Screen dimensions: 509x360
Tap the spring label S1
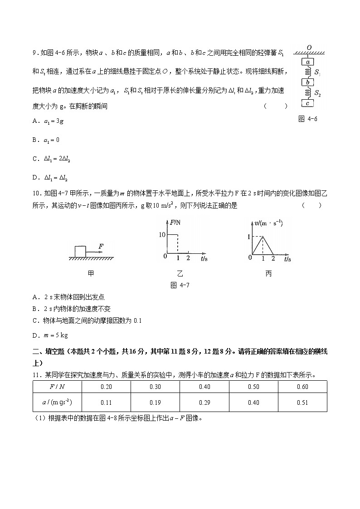[x=318, y=73]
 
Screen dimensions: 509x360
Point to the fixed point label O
[x=309, y=47]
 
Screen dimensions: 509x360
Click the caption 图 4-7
[x=179, y=286]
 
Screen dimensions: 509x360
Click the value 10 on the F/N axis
[x=162, y=234]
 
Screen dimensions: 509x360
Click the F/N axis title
[x=175, y=222]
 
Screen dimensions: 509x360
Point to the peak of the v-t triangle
[x=263, y=237]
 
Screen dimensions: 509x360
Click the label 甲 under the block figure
[x=91, y=274]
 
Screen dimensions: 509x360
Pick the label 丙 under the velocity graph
[x=268, y=274]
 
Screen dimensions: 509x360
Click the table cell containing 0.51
[x=302, y=402]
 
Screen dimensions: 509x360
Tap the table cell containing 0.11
[x=106, y=402]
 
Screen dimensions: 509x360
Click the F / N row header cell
[x=57, y=387]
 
